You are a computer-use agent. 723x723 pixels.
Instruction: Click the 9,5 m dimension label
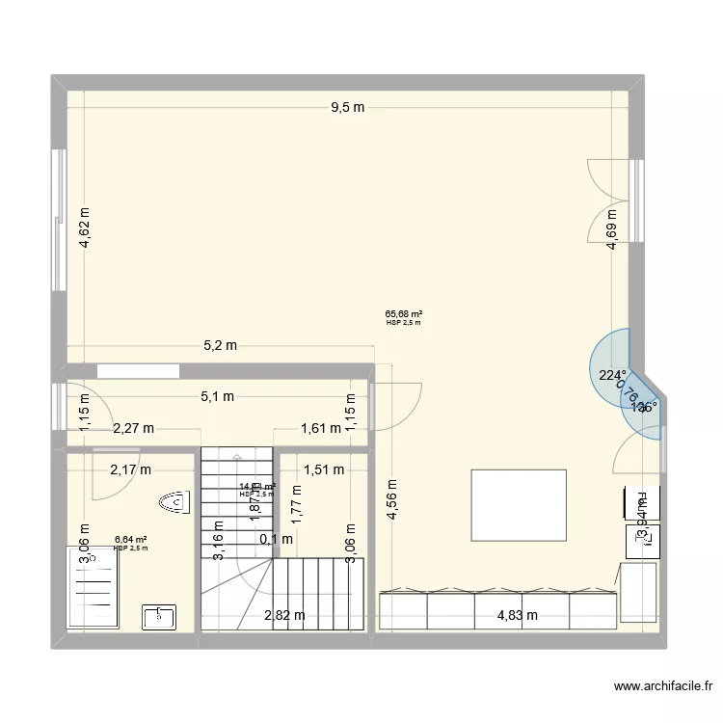point(348,108)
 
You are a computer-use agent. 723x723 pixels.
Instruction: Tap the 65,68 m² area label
point(405,313)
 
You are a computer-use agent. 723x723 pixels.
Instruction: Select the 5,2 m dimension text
point(219,346)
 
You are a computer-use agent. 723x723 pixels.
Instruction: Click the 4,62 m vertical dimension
point(86,229)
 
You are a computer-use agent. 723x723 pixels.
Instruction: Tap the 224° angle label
point(612,376)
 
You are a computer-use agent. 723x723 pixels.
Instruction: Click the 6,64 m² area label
point(130,540)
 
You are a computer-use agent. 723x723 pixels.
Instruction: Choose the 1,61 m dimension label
point(321,429)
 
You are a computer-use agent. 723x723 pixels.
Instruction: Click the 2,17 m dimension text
point(130,470)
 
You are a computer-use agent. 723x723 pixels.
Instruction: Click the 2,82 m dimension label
point(286,615)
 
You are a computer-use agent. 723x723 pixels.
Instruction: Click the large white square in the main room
point(518,506)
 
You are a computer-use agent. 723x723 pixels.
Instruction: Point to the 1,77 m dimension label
point(297,502)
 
